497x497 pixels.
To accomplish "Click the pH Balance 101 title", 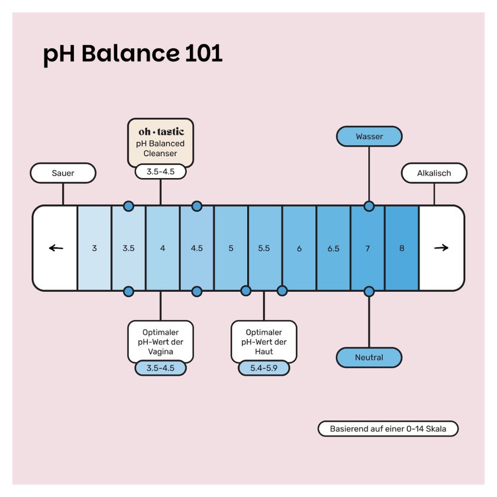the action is coord(133,54).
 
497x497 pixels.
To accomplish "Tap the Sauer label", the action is coord(63,173).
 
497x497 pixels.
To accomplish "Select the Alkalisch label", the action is coord(434,173).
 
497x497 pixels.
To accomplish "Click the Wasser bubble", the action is coord(369,136).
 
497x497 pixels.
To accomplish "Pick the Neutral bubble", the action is coord(369,357).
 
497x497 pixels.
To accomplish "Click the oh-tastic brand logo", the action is coord(161,131).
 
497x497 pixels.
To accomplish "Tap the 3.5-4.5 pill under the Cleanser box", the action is coord(160,172).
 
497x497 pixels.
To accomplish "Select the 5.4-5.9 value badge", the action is coord(264,368).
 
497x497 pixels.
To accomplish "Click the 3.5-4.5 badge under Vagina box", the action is coord(160,368).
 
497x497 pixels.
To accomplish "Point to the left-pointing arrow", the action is coord(56,248).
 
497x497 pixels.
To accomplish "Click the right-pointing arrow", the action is coord(441,247).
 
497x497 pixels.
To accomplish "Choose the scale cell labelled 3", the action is coord(95,248).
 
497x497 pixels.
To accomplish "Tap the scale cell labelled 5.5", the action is coord(264,248).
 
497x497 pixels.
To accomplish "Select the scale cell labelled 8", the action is coord(402,248).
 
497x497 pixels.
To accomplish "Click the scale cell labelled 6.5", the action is coord(334,248).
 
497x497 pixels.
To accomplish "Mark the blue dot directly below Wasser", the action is coord(369,206).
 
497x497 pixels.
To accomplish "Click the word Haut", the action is coord(264,351).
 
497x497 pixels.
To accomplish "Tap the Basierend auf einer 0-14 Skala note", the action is coord(388,429).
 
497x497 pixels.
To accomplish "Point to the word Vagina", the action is coord(160,352).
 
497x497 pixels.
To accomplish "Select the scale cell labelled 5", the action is coord(231,248).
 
